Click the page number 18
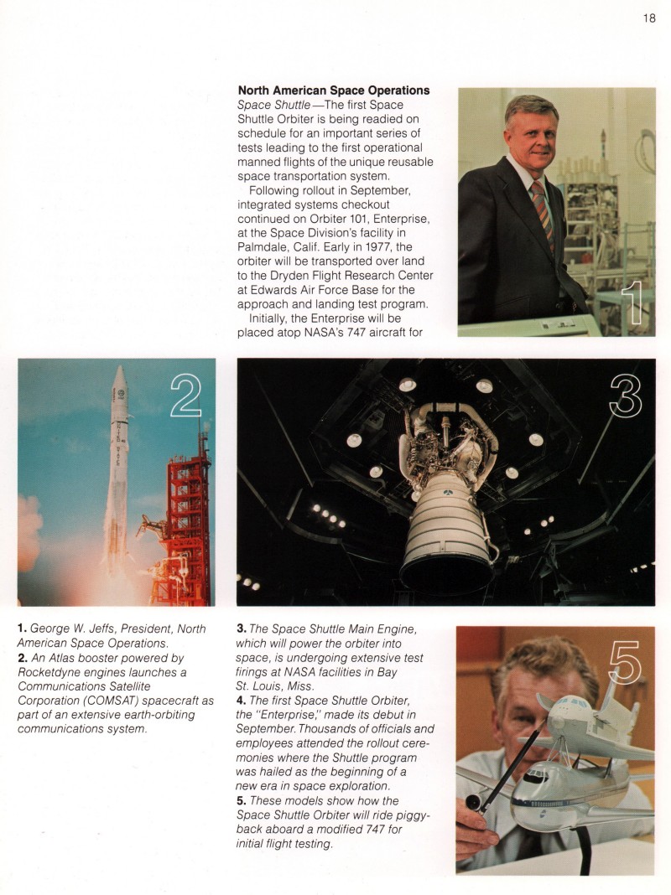pos(649,18)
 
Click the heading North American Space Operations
pos(334,91)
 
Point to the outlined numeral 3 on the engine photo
pos(626,396)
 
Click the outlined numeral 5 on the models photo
pos(624,663)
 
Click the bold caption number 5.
pos(242,801)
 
